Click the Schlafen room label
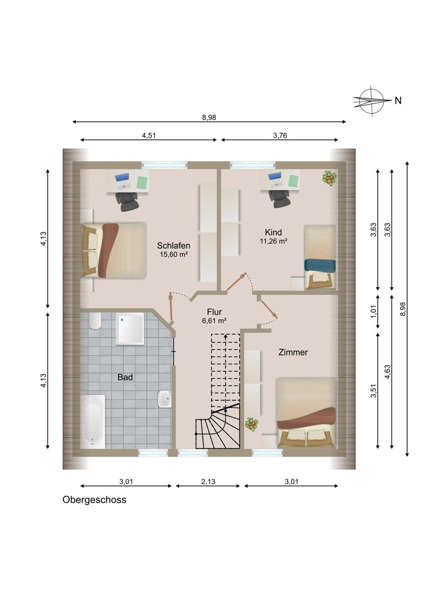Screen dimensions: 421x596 pyautogui.click(x=174, y=245)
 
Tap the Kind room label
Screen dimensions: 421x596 pyautogui.click(x=273, y=232)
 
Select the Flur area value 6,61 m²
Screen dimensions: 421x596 pyautogui.click(x=214, y=320)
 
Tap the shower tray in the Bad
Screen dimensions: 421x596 pyautogui.click(x=130, y=328)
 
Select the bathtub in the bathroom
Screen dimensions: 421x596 pyautogui.click(x=93, y=421)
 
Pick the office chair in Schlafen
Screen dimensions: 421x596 pyautogui.click(x=127, y=201)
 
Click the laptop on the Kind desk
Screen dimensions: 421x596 pyautogui.click(x=275, y=179)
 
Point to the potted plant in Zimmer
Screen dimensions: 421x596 pyautogui.click(x=252, y=425)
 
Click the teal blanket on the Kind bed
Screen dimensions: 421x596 pyautogui.click(x=320, y=266)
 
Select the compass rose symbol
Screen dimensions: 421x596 pyautogui.click(x=372, y=101)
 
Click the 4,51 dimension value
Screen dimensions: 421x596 pyautogui.click(x=148, y=135)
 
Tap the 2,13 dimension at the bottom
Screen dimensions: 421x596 pyautogui.click(x=208, y=481)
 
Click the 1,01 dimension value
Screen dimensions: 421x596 pyautogui.click(x=374, y=311)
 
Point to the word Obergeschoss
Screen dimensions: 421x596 pyautogui.click(x=94, y=500)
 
